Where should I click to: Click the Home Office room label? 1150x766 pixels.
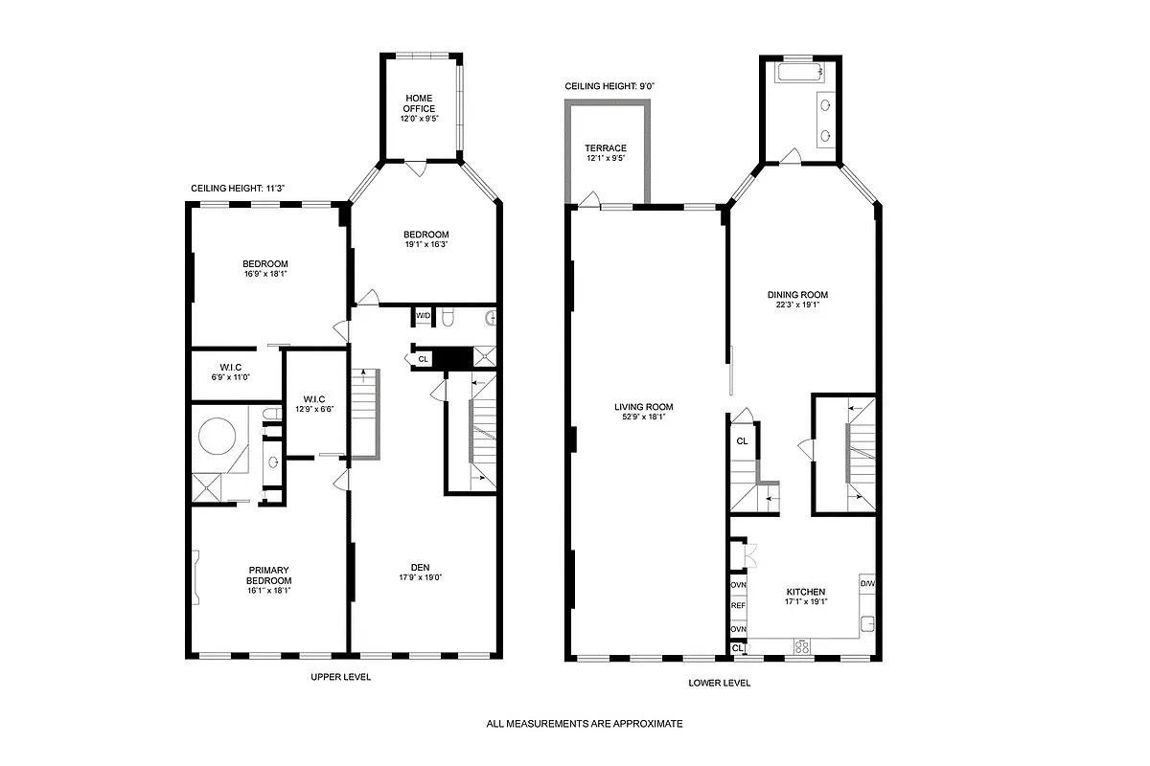point(419,103)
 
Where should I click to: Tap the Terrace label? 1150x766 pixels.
point(606,148)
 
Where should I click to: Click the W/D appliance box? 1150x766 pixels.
point(423,315)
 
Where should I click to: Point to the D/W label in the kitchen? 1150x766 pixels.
point(866,582)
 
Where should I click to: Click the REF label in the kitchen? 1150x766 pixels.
point(738,606)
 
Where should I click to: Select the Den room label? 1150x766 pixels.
point(420,568)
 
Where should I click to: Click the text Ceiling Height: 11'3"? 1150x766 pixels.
point(238,189)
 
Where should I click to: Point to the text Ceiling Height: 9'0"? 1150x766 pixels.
point(609,86)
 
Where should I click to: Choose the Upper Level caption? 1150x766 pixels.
point(340,677)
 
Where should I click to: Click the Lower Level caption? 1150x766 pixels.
point(719,683)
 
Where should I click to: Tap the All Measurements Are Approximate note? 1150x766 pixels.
point(585,724)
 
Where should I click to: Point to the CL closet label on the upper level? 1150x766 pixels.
point(423,359)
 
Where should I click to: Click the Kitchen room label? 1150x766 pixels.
point(805,592)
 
